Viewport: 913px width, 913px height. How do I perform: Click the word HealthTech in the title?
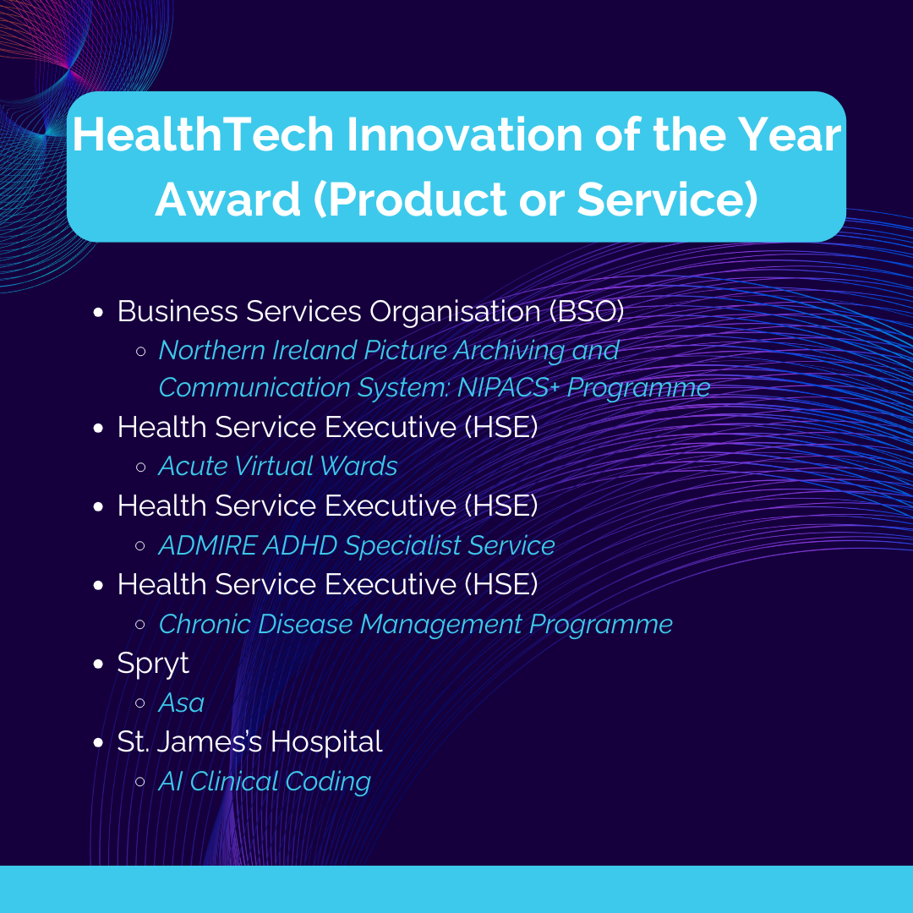pos(203,134)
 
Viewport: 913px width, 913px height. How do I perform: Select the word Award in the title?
pos(227,200)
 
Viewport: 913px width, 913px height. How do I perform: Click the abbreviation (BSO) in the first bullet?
pos(587,311)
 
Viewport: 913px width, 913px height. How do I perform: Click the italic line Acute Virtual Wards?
pos(278,466)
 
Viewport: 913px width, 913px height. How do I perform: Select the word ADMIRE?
pos(207,545)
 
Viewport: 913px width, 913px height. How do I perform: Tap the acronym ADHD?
pos(300,545)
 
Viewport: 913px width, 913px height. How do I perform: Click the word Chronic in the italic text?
pos(205,624)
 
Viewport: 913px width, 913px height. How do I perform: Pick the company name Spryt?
pos(153,664)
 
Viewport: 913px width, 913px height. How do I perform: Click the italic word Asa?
pos(181,703)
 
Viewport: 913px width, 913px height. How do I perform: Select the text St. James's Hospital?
pos(249,741)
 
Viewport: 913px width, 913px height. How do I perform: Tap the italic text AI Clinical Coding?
pos(265,782)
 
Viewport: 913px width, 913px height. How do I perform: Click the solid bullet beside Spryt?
pos(98,664)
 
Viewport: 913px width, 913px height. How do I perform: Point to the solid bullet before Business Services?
pos(98,312)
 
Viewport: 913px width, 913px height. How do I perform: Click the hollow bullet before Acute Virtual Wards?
pos(140,467)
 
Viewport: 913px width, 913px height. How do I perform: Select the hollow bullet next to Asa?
pos(140,703)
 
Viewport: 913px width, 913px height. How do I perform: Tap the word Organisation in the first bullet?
pos(456,312)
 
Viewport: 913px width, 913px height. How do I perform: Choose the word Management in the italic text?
pos(440,625)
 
